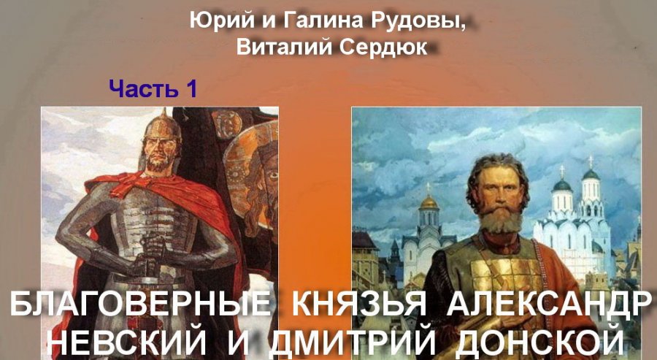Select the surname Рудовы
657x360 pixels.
tap(430, 22)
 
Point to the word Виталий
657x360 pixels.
tap(284, 47)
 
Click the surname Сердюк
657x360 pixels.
tap(383, 47)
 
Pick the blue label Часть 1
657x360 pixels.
tap(153, 88)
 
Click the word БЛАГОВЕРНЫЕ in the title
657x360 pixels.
tap(140, 304)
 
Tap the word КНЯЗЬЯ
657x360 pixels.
tap(358, 304)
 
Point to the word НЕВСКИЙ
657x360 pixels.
tap(129, 342)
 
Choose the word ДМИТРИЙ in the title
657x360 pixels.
tap(352, 342)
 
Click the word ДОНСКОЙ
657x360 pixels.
tap(539, 342)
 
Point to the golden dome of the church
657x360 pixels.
tap(429, 202)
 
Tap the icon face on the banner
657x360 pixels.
tap(260, 176)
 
